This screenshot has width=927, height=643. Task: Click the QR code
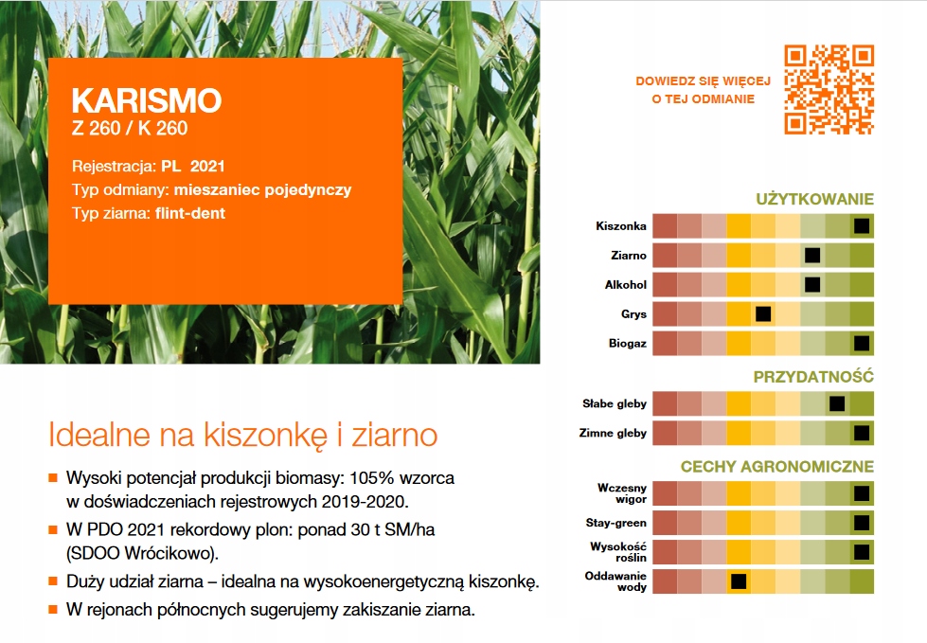829,89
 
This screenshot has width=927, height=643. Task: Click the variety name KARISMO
146,101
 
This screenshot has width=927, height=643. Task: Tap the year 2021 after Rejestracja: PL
208,165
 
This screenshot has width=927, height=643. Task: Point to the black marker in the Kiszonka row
861,225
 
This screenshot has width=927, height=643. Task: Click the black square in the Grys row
762,313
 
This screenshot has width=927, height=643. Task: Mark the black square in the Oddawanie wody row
739,580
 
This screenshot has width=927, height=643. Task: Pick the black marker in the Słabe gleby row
836,403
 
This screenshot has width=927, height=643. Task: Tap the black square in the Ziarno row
811,255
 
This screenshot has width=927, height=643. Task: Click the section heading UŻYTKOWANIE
814,200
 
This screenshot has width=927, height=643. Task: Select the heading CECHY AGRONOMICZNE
776,467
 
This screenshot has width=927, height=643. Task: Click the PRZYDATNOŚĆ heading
813,377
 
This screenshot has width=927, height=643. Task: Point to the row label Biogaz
628,344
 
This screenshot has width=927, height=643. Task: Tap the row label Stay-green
616,523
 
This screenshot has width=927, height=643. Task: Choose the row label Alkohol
625,284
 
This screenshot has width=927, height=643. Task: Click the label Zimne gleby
613,434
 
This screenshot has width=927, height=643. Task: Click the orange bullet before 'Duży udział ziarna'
54,580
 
